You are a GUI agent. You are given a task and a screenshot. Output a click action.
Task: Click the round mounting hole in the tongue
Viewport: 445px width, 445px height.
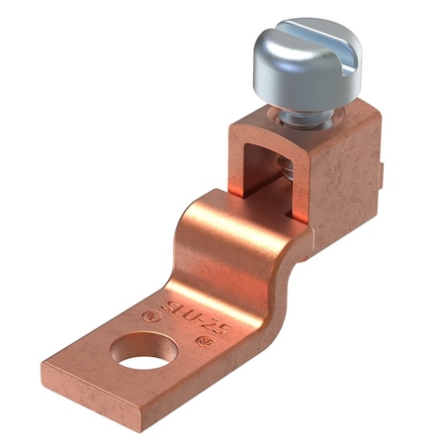coord(148,354)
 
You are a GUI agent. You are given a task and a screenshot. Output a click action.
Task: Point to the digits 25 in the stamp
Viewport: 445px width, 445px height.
coord(217,325)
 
